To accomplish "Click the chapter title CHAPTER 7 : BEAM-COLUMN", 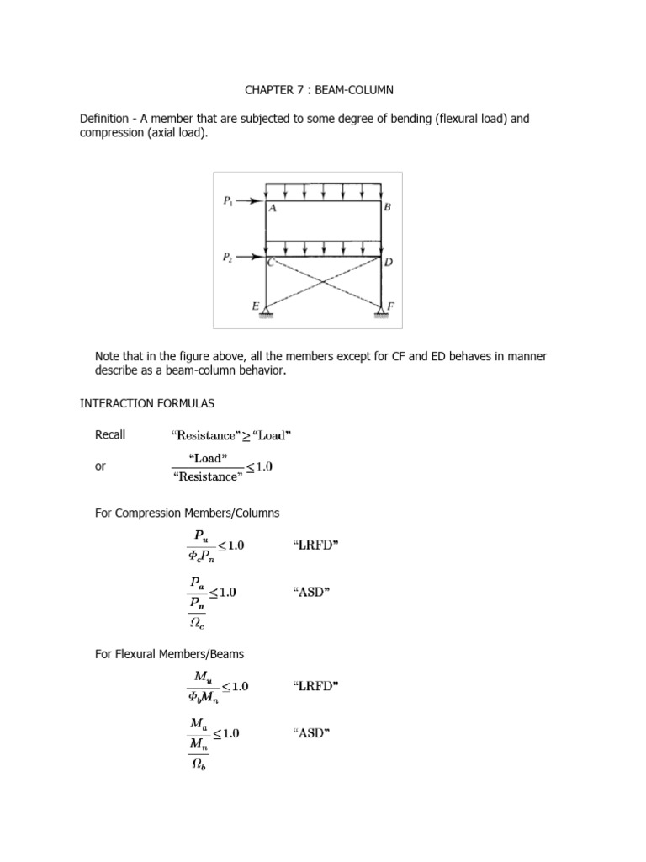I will (x=320, y=89).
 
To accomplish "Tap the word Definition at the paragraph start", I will (x=105, y=119).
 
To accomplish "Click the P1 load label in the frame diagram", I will (x=229, y=201).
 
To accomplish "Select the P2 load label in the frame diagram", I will (x=229, y=258).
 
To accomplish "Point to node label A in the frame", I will (x=273, y=211).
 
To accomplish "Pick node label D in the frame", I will (x=389, y=263).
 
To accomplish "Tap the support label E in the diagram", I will (x=255, y=307).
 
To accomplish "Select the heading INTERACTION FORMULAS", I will (x=135, y=404).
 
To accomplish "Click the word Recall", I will (x=110, y=434).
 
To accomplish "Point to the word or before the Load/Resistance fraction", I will (x=101, y=466).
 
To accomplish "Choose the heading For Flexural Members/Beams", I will (x=173, y=654).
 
